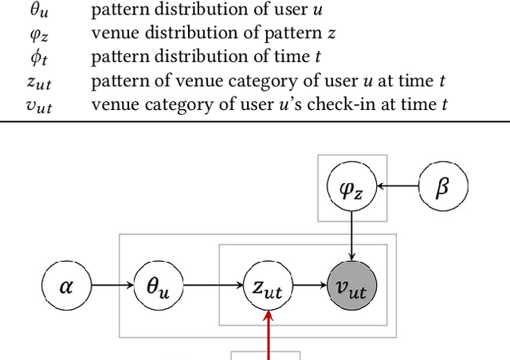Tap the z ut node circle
269,285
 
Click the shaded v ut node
351,285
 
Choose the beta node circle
444,187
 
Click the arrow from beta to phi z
398,187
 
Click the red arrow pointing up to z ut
269,335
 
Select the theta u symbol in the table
38,12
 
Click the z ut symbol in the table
38,81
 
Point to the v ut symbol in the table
38,104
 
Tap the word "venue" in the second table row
112,34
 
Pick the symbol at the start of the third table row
38,58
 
